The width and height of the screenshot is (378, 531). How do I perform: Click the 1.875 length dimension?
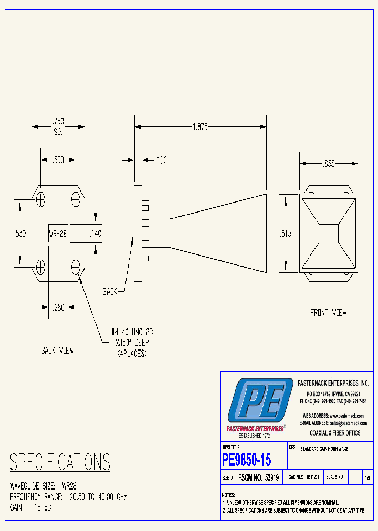[x=200, y=126]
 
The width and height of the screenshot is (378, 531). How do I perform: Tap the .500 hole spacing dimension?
[x=59, y=160]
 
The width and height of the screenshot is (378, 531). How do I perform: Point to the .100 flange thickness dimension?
[x=160, y=161]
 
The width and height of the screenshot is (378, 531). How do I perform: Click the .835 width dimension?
[x=329, y=164]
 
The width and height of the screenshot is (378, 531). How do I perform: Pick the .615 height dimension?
[x=286, y=233]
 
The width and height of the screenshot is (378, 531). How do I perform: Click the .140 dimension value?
[x=95, y=233]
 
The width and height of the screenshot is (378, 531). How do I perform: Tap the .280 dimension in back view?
[x=58, y=307]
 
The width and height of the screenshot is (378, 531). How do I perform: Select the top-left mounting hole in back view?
[x=40, y=198]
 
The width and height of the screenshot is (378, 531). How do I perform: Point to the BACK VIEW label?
[x=58, y=351]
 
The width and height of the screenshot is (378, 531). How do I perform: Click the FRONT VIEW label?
[x=328, y=313]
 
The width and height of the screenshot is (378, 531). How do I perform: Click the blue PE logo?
[x=260, y=401]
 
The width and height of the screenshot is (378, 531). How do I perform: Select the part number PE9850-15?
[x=247, y=460]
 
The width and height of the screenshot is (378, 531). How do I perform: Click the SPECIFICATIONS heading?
[x=60, y=462]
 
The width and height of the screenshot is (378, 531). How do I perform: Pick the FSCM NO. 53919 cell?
[x=258, y=478]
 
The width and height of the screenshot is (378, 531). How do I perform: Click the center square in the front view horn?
[x=329, y=232]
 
